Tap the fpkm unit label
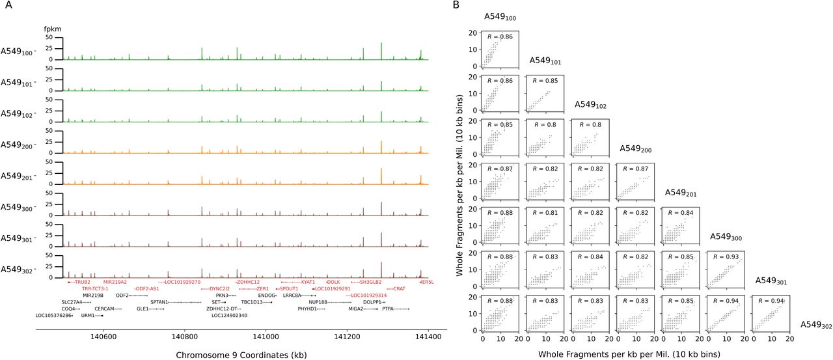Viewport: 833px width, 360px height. pyautogui.click(x=52, y=29)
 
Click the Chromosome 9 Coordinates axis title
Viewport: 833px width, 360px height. pyautogui.click(x=241, y=354)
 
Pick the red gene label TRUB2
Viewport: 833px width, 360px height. pyautogui.click(x=82, y=282)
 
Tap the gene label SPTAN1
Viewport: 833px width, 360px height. pyautogui.click(x=159, y=302)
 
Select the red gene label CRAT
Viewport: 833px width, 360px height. pyautogui.click(x=400, y=288)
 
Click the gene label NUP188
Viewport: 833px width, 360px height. pyautogui.click(x=318, y=302)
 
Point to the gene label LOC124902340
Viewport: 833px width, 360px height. pyautogui.click(x=229, y=315)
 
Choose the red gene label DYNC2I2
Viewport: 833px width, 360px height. pyautogui.click(x=219, y=288)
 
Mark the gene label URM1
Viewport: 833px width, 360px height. pyautogui.click(x=88, y=315)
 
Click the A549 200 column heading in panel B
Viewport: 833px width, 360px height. pyautogui.click(x=635, y=149)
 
